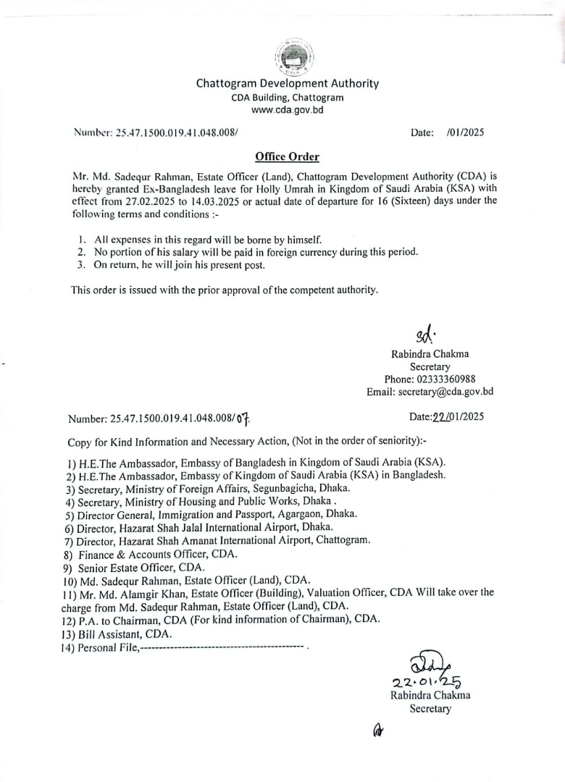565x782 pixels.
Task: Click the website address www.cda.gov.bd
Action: click(288, 110)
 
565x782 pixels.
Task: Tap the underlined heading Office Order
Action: click(287, 157)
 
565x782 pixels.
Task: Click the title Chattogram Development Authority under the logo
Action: click(288, 83)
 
